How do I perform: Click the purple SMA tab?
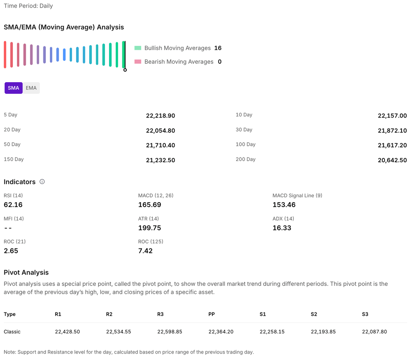pos(13,88)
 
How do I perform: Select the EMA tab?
pos(31,88)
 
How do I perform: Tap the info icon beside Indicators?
pos(42,182)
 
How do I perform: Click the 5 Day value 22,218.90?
pos(160,116)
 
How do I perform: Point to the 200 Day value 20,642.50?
pos(392,160)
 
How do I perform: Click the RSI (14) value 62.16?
pos(13,205)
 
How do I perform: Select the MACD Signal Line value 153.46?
pos(284,205)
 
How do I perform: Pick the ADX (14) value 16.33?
pos(282,228)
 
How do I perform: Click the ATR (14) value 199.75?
pos(150,228)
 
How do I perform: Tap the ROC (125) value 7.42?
pos(145,251)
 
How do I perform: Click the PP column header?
pos(212,314)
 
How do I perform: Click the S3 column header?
pos(365,314)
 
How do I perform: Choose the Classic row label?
pos(12,332)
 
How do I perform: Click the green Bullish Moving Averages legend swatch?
pos(138,48)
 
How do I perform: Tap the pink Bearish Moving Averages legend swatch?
pos(138,62)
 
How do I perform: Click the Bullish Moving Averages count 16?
pos(218,48)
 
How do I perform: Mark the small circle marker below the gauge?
pos(125,70)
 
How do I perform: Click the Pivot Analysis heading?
pos(26,273)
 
